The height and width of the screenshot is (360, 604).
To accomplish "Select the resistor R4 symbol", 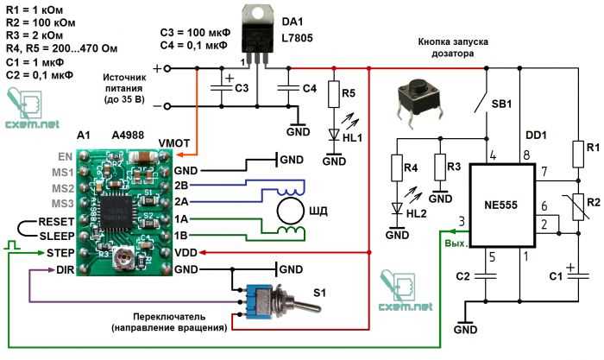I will (398, 170).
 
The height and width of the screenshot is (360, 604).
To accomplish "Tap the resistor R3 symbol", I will (442, 169).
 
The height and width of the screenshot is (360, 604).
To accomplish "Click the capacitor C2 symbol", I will (488, 276).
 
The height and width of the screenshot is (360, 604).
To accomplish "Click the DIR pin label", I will (66, 270).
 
